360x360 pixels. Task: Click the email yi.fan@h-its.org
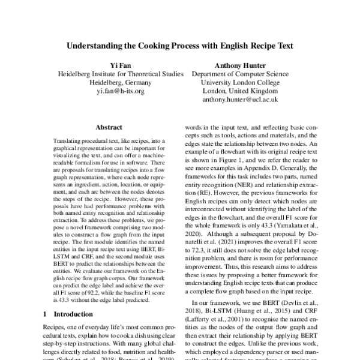coord(120,91)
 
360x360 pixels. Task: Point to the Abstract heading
coord(109,127)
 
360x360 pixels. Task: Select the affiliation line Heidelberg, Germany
coord(120,83)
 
